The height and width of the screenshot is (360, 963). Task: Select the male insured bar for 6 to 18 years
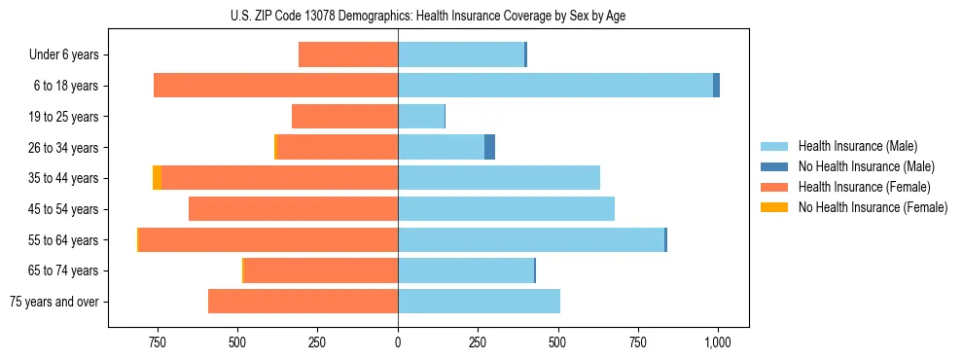point(554,86)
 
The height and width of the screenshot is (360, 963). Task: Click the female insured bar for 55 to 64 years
point(268,239)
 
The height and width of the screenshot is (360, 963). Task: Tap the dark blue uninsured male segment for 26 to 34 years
point(489,147)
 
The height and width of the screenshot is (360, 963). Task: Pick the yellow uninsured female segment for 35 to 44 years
point(158,178)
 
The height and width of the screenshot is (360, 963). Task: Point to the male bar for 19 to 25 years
point(421,117)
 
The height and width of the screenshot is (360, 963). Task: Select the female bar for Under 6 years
point(348,54)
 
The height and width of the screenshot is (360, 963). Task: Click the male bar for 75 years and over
point(479,302)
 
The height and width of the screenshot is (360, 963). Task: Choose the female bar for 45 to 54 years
point(293,209)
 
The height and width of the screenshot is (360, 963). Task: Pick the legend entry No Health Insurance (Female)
point(873,207)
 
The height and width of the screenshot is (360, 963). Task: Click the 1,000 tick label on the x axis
point(717,342)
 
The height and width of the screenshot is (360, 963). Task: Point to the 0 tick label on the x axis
point(398,342)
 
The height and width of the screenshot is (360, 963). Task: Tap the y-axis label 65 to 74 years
point(64,270)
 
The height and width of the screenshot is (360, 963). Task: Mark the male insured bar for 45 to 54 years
point(506,209)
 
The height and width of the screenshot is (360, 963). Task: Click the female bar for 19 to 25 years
point(344,117)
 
